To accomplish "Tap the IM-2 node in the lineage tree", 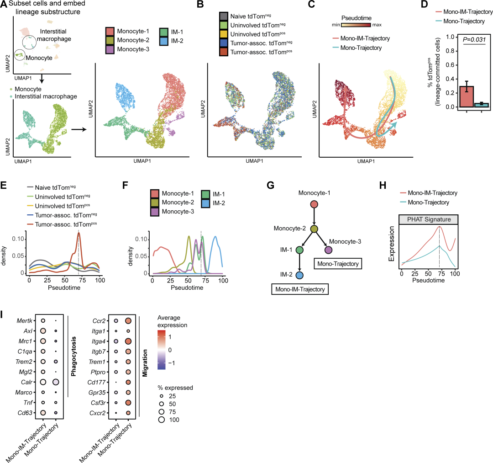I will click(299, 275).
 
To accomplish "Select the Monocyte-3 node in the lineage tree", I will click(328, 250).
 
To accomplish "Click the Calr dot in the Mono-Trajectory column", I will click(55, 382).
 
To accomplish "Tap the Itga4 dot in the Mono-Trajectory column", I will click(128, 341).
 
